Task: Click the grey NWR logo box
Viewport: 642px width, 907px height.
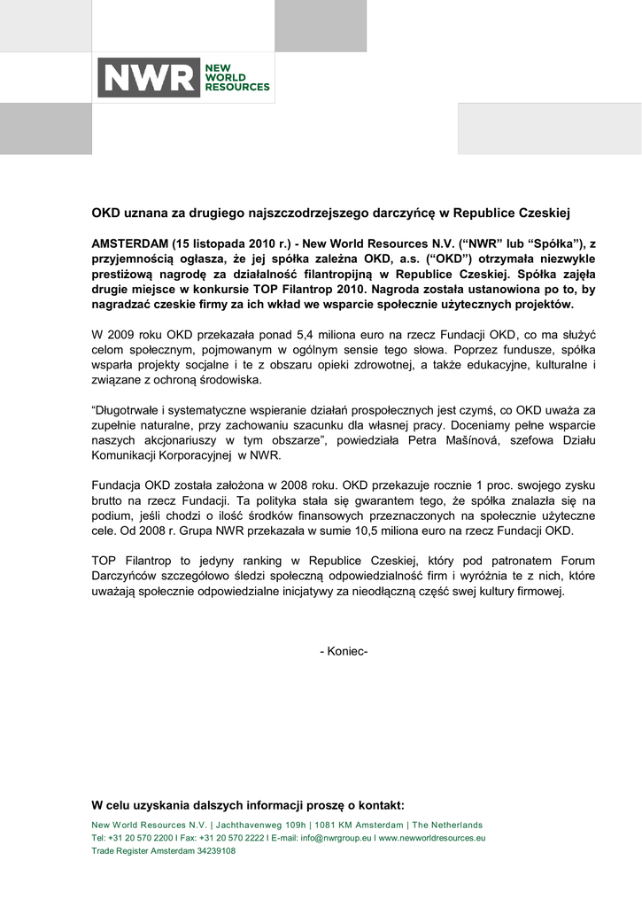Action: (149, 78)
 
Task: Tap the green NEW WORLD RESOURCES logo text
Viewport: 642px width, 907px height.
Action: (236, 77)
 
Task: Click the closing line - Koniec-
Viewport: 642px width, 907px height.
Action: (344, 652)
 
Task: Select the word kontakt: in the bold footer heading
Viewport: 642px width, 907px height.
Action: (376, 805)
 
